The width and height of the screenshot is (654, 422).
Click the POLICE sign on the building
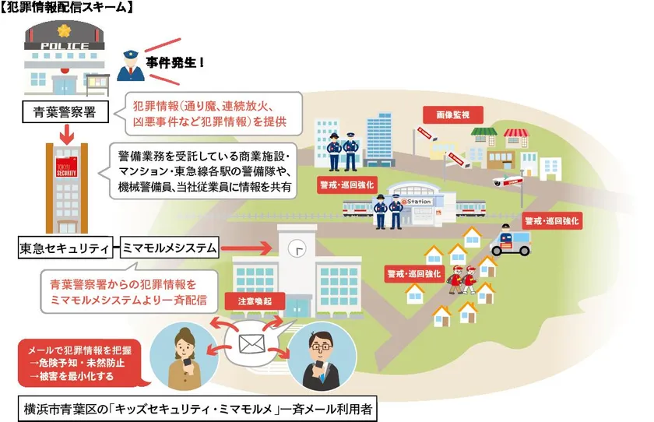(x=64, y=46)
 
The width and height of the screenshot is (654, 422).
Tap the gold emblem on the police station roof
(x=64, y=30)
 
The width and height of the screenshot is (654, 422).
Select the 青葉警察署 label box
(x=65, y=112)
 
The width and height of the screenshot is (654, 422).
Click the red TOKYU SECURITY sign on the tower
(x=66, y=167)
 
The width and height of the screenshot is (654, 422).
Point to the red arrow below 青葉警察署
(x=67, y=133)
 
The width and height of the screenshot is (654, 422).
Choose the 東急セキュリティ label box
(x=65, y=248)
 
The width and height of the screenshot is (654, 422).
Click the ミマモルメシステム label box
(x=170, y=248)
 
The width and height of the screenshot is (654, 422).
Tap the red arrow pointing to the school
(x=247, y=248)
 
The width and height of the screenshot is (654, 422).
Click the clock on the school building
(x=297, y=249)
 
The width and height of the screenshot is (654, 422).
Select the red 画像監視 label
(x=453, y=114)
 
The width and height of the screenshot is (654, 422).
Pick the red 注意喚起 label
(x=255, y=301)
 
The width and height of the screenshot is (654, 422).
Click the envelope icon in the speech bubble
(x=252, y=343)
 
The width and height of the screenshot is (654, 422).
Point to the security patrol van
(x=510, y=241)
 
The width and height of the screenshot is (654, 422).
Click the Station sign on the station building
(x=417, y=202)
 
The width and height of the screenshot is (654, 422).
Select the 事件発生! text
(x=174, y=62)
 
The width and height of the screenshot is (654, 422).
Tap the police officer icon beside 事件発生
(x=131, y=65)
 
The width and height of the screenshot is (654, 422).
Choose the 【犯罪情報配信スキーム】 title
(x=66, y=7)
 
